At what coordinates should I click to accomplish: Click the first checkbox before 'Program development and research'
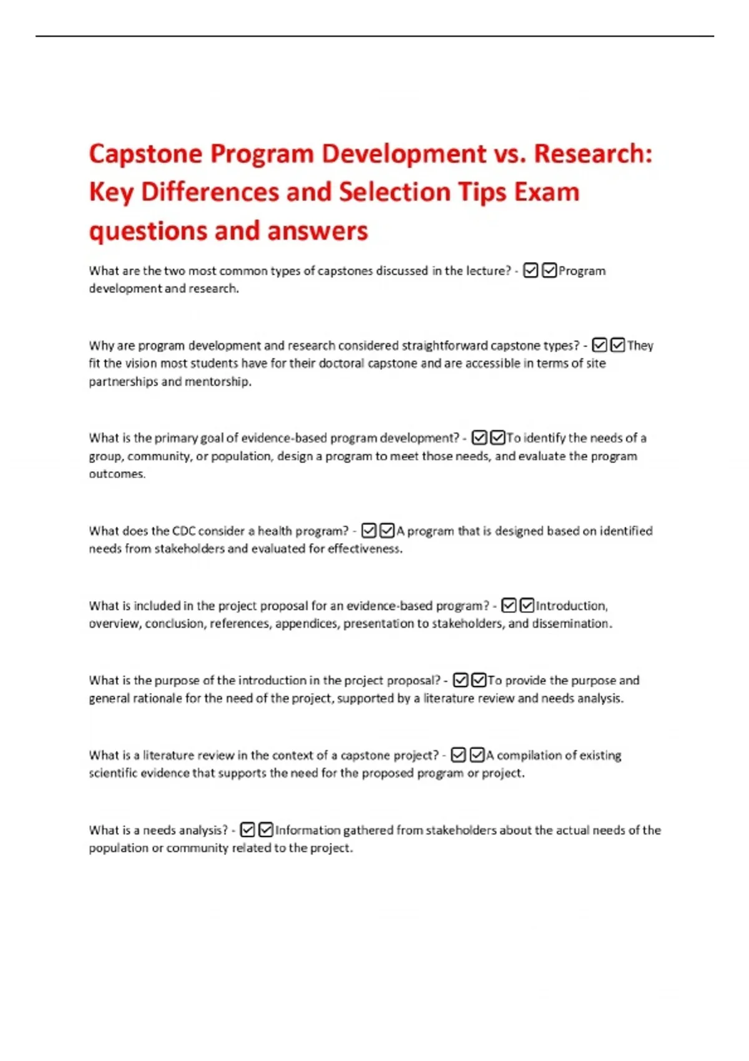point(531,271)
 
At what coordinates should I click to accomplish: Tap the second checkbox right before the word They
point(618,345)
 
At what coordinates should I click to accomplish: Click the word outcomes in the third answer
point(117,474)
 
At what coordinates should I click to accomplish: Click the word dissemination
point(572,623)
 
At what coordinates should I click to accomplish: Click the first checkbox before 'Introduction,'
point(509,605)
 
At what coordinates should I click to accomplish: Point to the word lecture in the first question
point(489,271)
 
